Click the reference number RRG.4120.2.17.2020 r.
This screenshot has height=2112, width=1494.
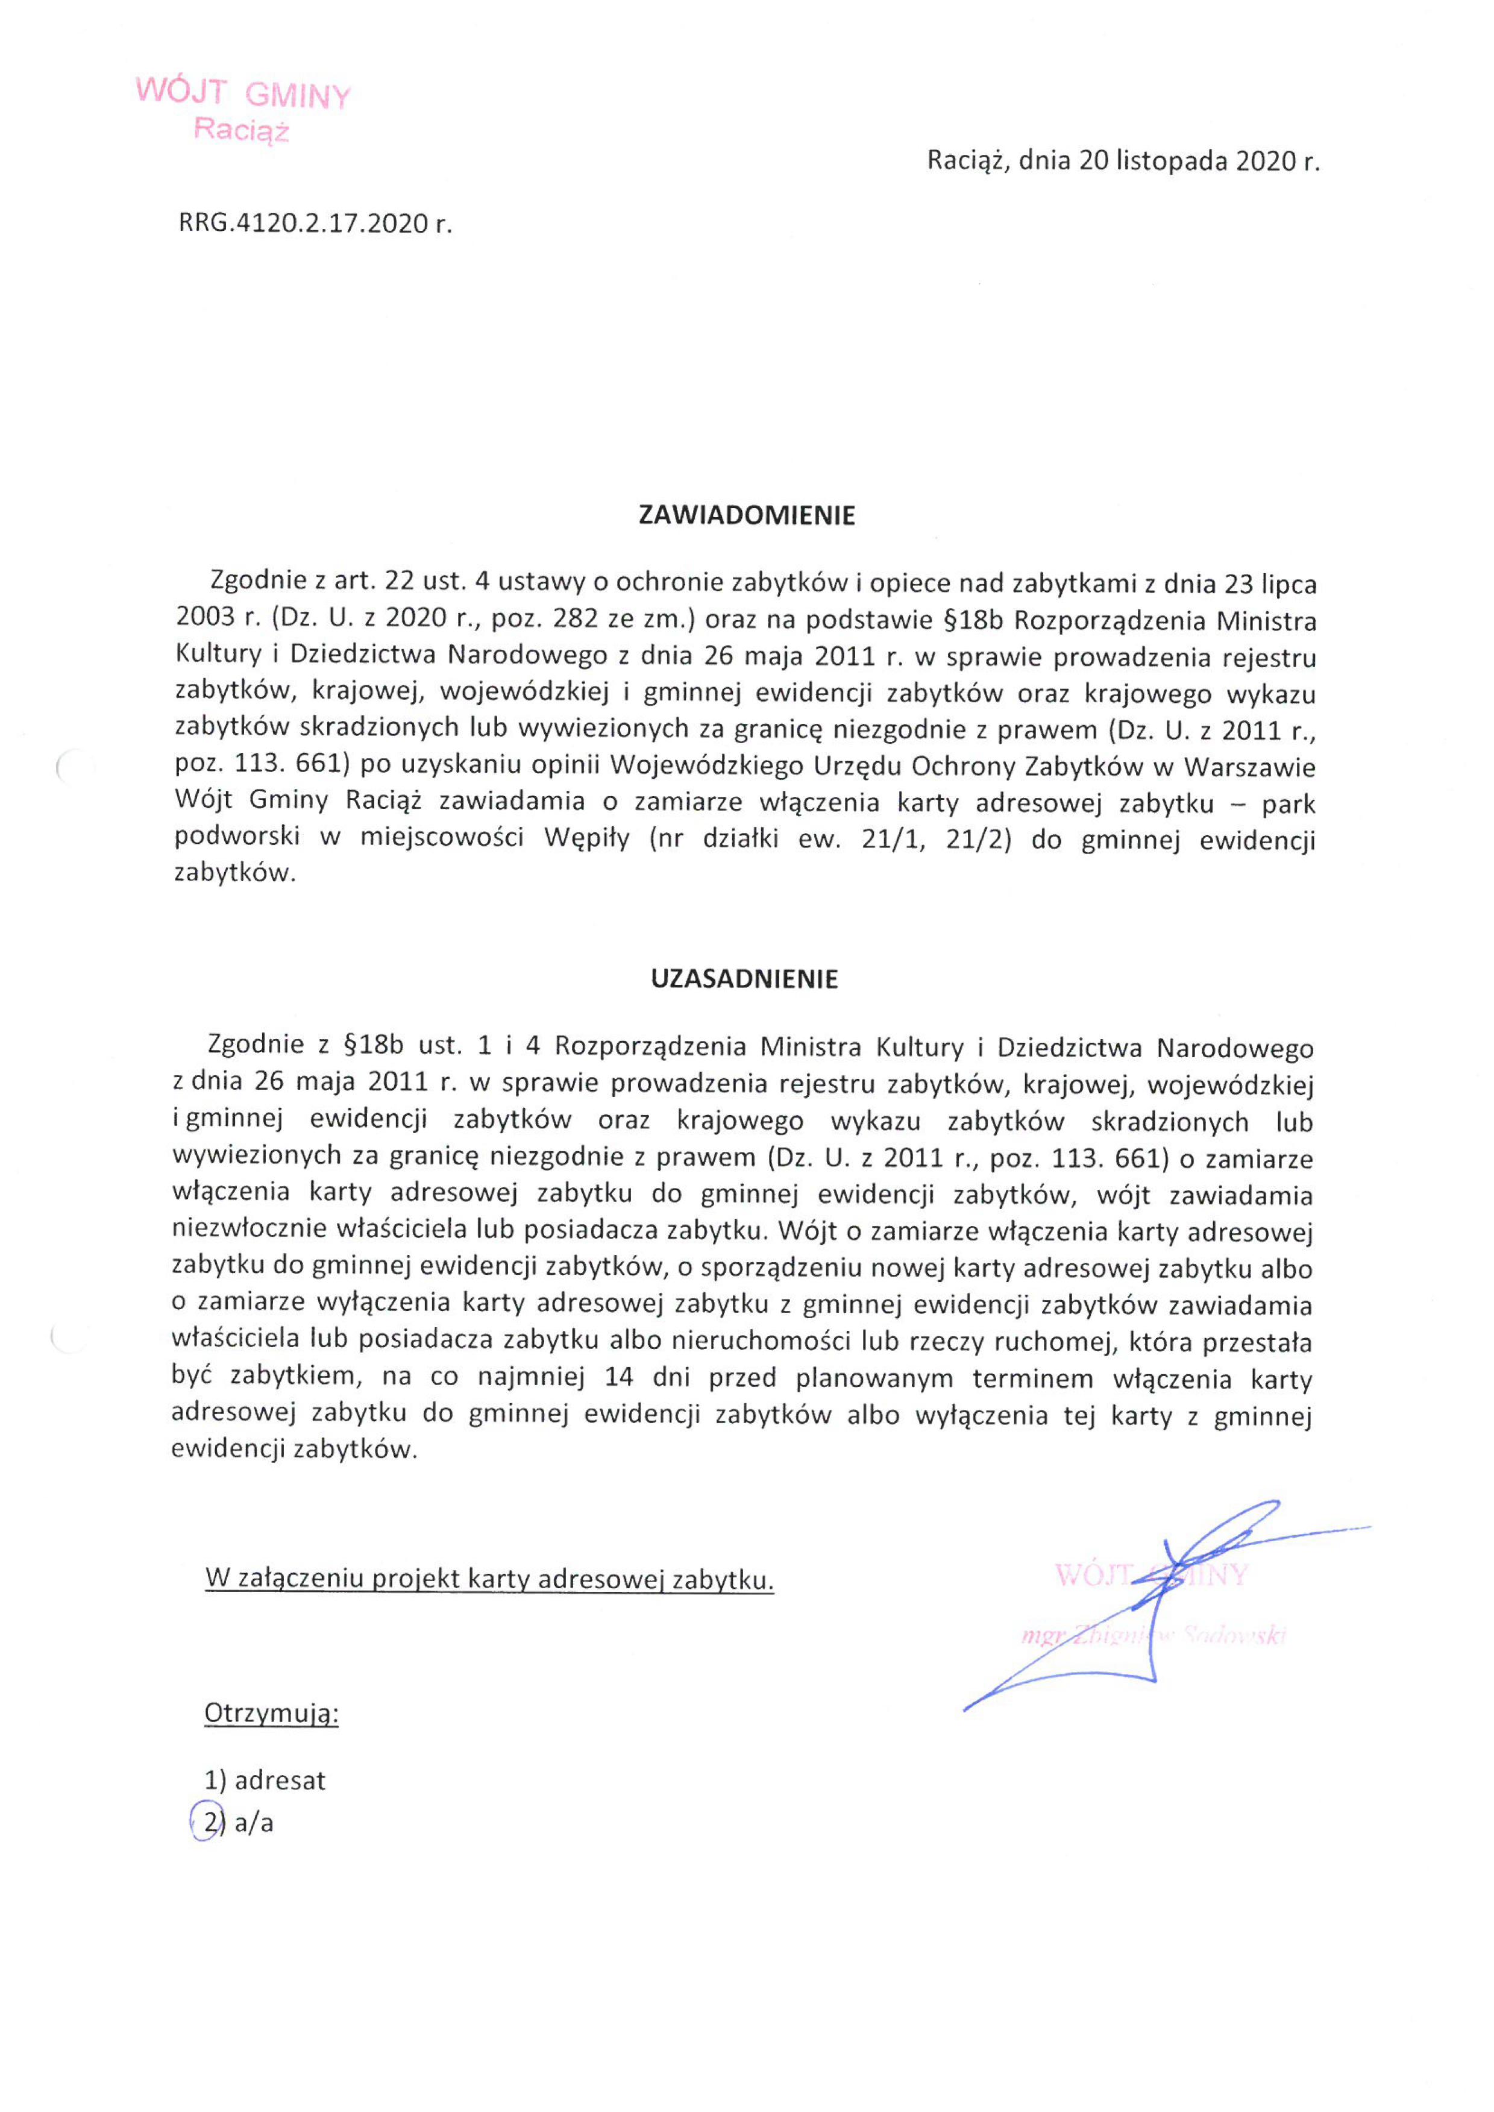(315, 224)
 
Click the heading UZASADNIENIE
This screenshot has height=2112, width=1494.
(744, 979)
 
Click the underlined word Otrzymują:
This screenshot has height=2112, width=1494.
(271, 1714)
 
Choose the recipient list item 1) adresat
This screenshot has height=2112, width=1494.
(265, 1781)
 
